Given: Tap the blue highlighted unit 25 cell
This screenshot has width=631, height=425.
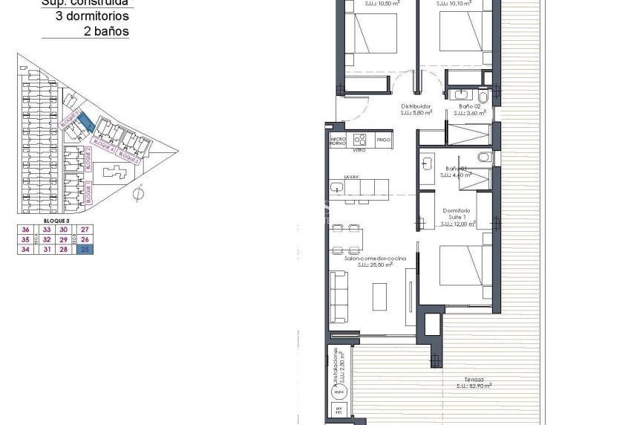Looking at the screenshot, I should (x=85, y=250).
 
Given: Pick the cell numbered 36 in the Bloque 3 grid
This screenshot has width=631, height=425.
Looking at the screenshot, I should (x=26, y=230).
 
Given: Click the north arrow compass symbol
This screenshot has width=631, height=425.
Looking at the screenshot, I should (x=137, y=194).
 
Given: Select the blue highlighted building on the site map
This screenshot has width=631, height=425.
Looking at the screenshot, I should (x=86, y=119).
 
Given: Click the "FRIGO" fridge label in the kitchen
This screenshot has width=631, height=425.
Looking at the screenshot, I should (x=384, y=140).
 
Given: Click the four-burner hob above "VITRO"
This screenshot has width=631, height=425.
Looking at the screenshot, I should (x=361, y=138).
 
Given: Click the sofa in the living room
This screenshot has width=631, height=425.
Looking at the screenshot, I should (x=339, y=294).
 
